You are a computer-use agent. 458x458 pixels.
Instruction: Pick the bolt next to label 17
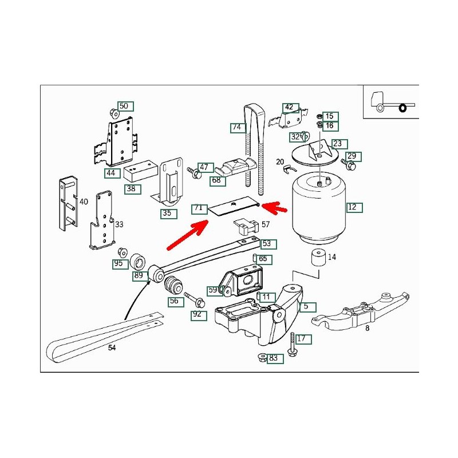pyautogui.click(x=292, y=343)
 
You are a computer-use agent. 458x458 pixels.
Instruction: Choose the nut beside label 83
pyautogui.click(x=261, y=358)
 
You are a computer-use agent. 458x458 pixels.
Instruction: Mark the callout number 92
pyautogui.click(x=197, y=314)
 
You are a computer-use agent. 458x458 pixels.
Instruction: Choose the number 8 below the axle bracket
pyautogui.click(x=367, y=328)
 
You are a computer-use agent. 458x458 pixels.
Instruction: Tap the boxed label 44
pyautogui.click(x=110, y=172)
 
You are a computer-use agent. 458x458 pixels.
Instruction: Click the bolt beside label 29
pyautogui.click(x=349, y=164)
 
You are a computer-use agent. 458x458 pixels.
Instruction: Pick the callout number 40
pyautogui.click(x=84, y=202)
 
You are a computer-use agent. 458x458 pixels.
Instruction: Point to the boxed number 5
pyautogui.click(x=306, y=306)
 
